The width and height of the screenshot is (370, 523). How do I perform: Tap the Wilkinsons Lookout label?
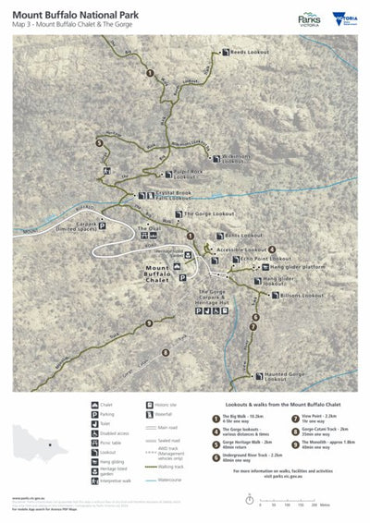237,159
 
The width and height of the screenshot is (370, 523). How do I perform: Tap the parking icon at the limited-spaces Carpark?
103,225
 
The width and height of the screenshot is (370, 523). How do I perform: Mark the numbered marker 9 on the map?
148,322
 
